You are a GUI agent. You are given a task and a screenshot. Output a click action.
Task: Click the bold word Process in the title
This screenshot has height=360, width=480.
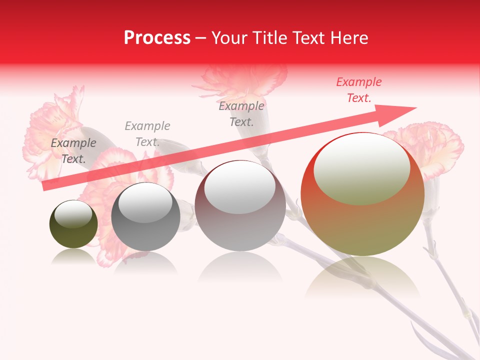[157, 38]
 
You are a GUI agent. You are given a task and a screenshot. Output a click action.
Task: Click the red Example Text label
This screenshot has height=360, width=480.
[358, 90]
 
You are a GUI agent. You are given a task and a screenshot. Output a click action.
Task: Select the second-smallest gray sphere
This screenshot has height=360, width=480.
[145, 216]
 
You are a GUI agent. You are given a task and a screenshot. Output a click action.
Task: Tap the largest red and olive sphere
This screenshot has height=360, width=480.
[362, 194]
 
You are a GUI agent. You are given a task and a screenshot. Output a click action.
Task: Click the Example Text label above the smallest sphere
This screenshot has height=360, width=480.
[73, 151]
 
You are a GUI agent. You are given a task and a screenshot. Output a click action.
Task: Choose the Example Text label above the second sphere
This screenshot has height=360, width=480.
[147, 134]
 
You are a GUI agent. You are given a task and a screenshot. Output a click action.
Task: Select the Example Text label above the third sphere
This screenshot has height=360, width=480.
[241, 114]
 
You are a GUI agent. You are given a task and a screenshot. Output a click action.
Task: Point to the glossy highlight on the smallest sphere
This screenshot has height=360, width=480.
[73, 214]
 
